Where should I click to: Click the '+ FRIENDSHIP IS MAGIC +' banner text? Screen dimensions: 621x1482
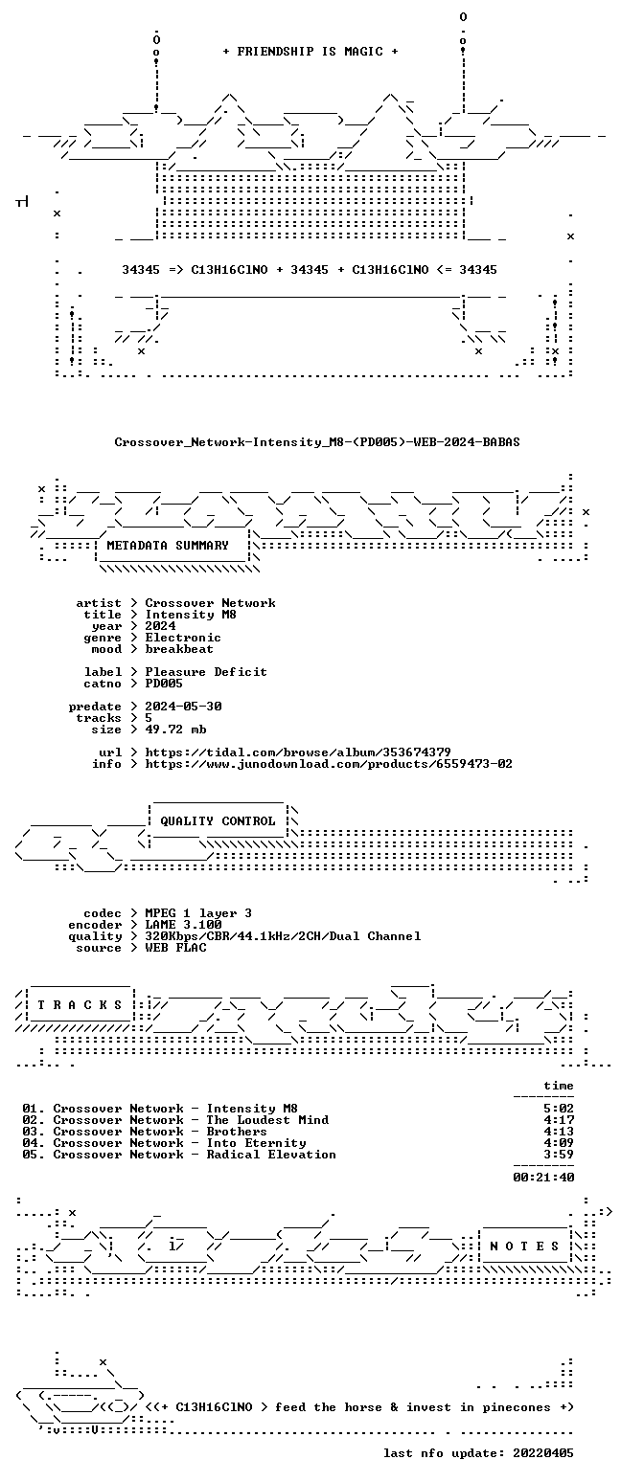coord(310,52)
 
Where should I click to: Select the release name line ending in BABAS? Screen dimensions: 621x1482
coord(317,442)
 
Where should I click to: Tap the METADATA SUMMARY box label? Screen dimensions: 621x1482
coord(168,545)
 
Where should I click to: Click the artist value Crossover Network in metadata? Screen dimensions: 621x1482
coord(211,603)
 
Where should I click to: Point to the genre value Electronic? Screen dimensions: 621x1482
coord(183,638)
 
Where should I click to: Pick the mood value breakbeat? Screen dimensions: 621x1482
coord(179,649)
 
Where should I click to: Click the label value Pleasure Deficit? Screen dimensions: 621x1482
coord(207,671)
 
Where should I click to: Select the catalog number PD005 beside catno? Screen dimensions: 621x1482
coord(164,684)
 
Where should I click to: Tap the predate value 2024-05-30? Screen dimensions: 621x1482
coord(183,706)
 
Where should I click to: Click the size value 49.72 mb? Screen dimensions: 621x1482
coord(176,730)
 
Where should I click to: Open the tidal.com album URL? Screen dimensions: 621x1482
coord(298,752)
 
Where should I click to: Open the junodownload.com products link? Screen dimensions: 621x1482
coord(329,763)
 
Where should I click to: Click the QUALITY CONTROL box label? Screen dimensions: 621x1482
coord(218,821)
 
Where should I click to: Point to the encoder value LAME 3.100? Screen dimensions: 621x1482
coord(183,924)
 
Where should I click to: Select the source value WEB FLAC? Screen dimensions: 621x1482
coord(176,948)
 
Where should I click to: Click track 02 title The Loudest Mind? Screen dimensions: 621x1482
coord(267,1119)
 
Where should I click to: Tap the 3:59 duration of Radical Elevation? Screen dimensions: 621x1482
coord(559,1154)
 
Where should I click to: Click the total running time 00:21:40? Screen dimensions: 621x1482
coord(543,1177)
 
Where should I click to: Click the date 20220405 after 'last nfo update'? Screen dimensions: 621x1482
coord(543,1453)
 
